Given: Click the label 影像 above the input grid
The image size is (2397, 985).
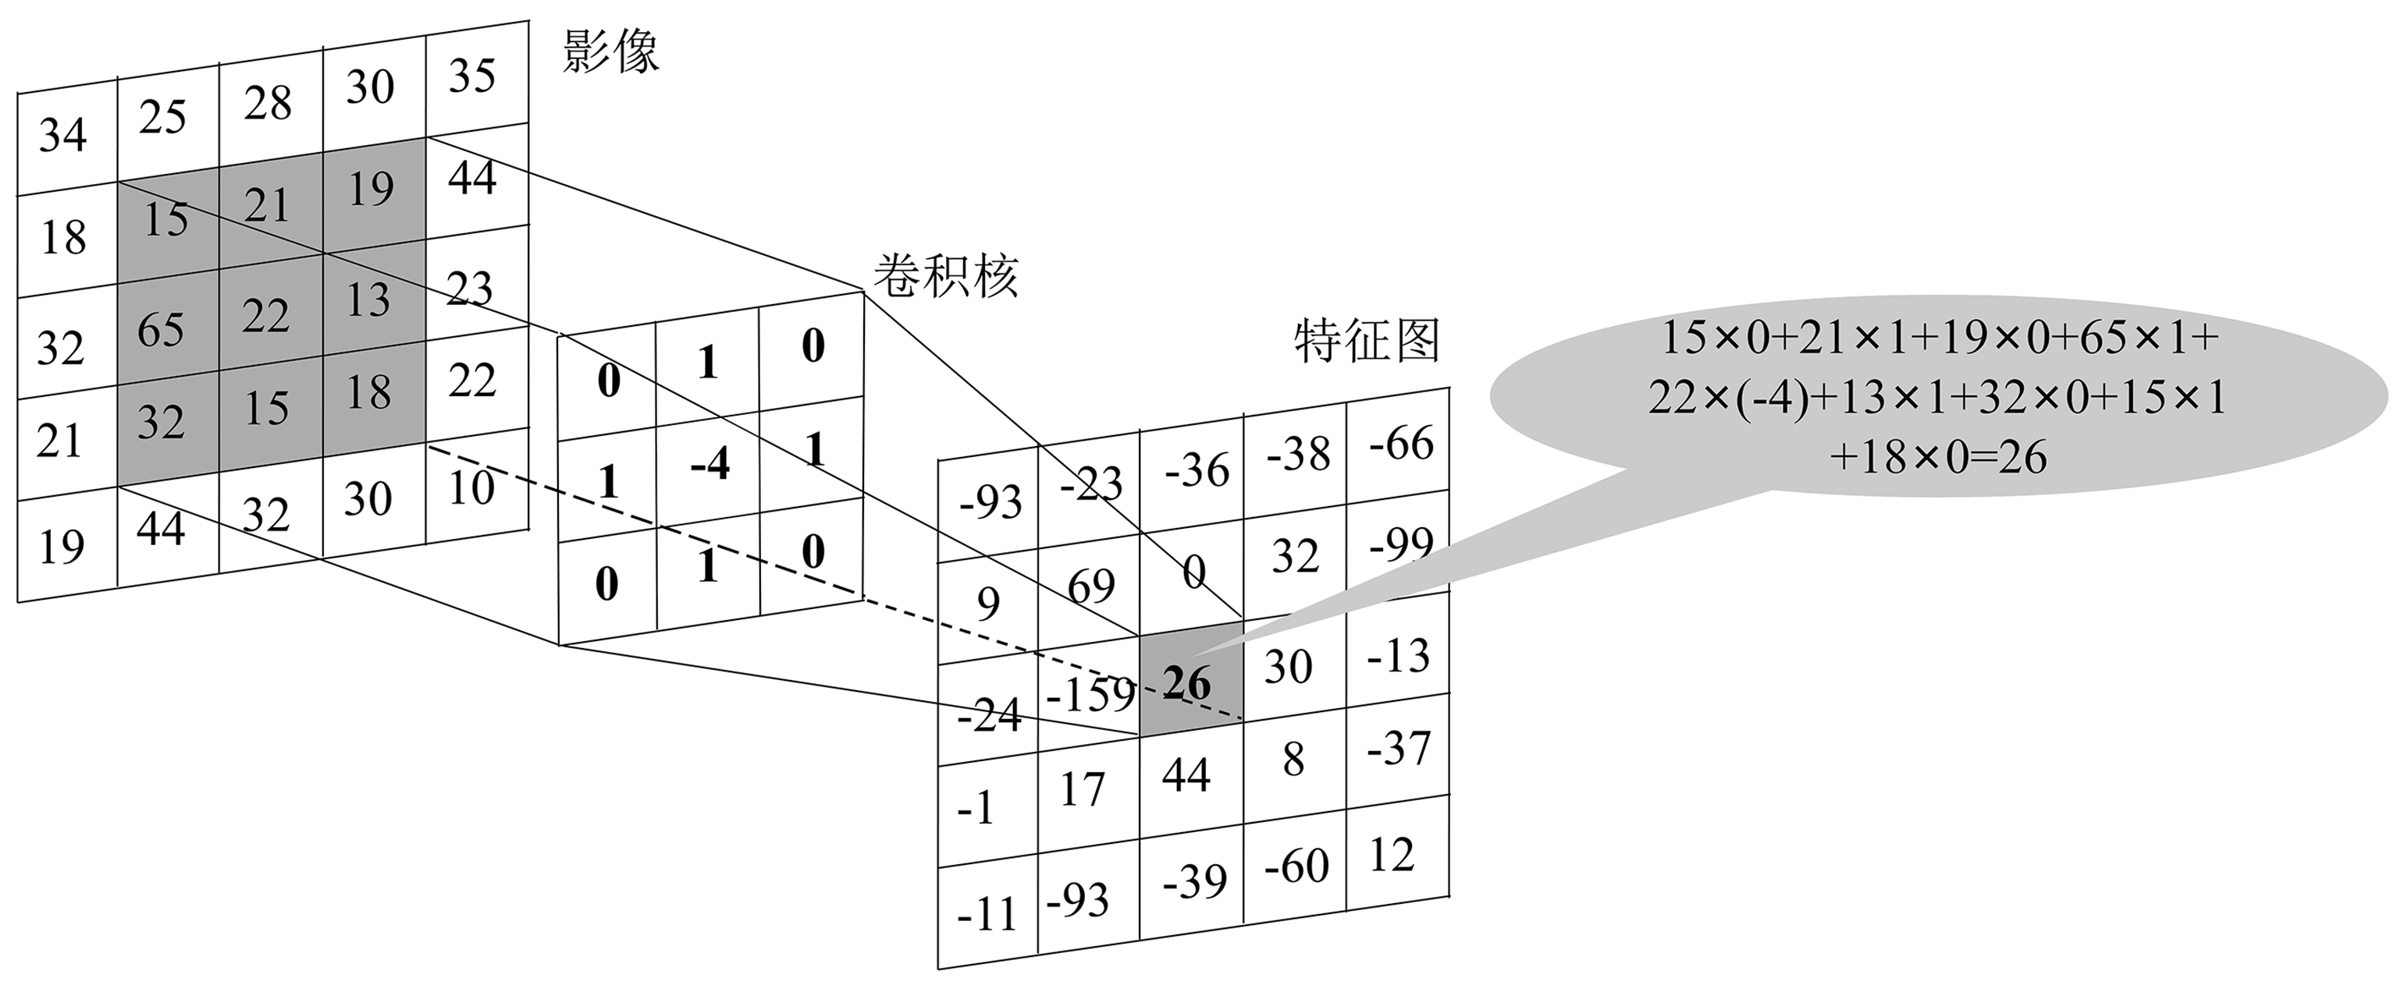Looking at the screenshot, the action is [611, 52].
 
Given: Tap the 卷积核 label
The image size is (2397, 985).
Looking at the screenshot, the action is [946, 275].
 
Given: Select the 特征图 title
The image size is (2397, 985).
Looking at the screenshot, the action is [1367, 341].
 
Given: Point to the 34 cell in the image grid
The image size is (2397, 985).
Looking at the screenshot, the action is [63, 136].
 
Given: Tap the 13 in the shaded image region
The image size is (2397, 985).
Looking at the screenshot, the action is [368, 299].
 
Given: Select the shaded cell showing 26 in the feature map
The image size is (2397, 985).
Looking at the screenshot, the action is [1190, 682].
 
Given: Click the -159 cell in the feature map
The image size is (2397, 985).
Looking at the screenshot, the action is [1090, 694].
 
